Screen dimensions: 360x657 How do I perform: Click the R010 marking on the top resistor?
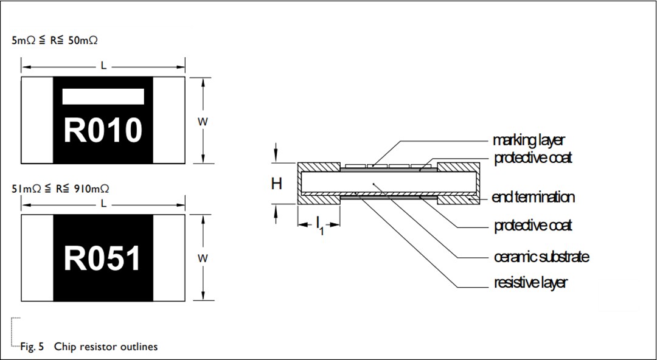click(x=103, y=130)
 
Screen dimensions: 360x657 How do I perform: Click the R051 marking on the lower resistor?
click(x=103, y=258)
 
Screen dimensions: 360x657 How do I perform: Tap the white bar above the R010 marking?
click(x=103, y=97)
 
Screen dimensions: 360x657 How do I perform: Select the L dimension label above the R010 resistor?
click(x=103, y=66)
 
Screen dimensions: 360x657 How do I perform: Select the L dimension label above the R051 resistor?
click(x=103, y=204)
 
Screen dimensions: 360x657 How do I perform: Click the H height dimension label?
click(x=277, y=183)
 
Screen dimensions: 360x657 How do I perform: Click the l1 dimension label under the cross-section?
click(x=319, y=227)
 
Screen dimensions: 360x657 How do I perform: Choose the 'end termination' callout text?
click(x=533, y=197)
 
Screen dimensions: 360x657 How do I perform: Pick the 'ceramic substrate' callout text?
click(x=541, y=257)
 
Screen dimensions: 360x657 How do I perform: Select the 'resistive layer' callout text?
click(x=530, y=283)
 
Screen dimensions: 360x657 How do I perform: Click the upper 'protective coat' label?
click(x=533, y=158)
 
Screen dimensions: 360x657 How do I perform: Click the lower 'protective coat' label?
click(x=533, y=226)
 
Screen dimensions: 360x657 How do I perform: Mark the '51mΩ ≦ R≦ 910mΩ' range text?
click(x=60, y=189)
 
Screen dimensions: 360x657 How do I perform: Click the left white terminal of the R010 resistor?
click(x=37, y=120)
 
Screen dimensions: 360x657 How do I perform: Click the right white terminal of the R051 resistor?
click(x=169, y=258)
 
